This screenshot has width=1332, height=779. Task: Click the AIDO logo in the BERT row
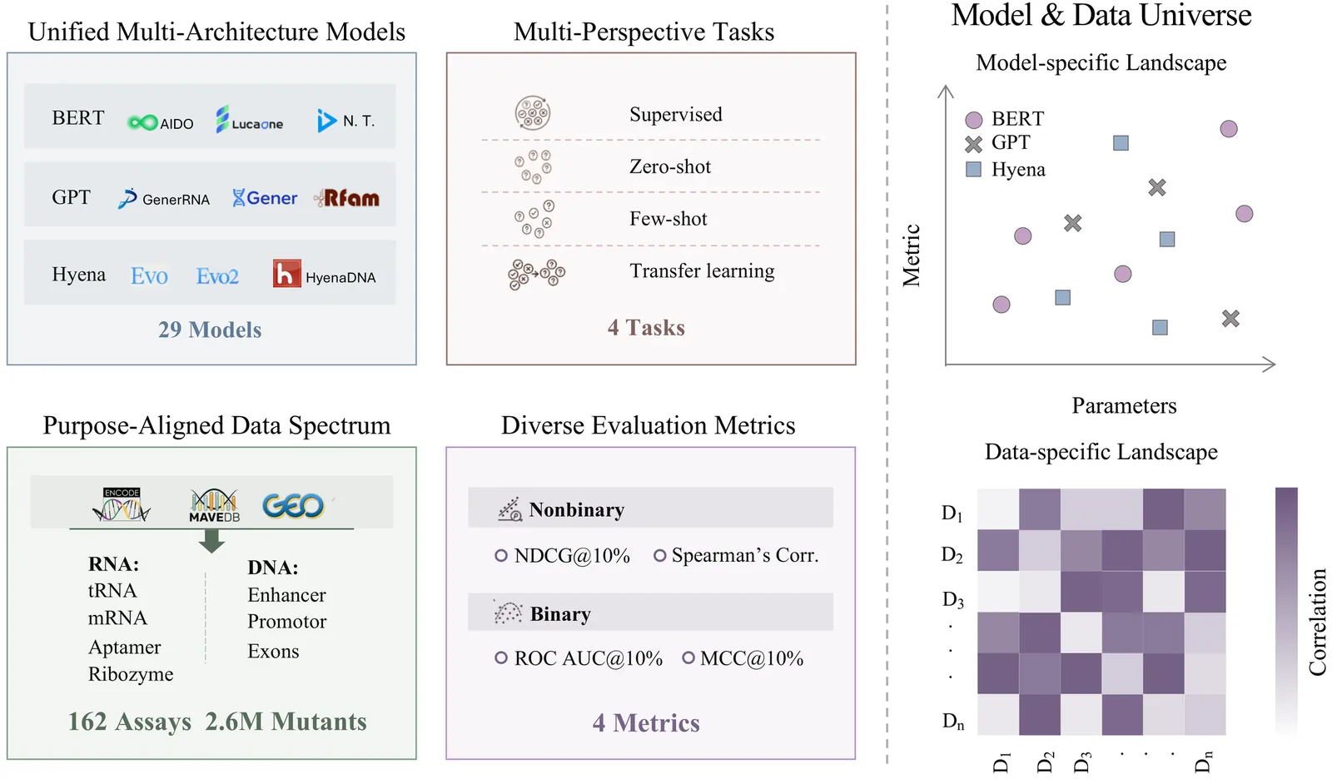click(x=161, y=123)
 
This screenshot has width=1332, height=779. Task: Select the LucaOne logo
click(x=249, y=121)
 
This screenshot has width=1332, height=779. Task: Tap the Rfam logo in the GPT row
click(x=346, y=198)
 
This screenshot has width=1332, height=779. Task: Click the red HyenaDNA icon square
click(x=286, y=274)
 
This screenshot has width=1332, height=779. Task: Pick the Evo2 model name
click(x=217, y=276)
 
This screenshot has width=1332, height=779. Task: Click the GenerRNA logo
click(x=164, y=199)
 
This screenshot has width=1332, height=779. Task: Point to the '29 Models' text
click(x=210, y=330)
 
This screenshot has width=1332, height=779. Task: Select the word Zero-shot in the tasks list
click(x=670, y=166)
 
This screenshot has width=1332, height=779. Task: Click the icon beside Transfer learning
click(x=536, y=273)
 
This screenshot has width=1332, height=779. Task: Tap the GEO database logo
click(x=292, y=505)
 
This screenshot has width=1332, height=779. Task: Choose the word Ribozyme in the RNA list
click(x=131, y=674)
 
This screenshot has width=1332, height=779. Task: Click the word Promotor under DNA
click(x=286, y=622)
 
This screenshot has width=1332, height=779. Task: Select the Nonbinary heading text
click(x=576, y=510)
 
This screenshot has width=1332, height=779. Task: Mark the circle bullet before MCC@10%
click(x=688, y=658)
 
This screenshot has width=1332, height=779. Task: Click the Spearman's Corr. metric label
click(x=744, y=555)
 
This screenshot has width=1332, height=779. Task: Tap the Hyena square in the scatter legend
click(x=973, y=170)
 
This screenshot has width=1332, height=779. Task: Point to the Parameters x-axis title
click(x=1124, y=406)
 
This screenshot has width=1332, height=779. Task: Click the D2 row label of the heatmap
click(x=952, y=554)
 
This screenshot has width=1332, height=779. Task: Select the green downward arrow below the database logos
click(x=212, y=543)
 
